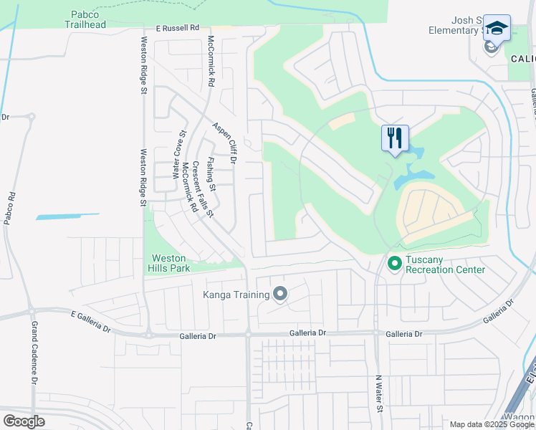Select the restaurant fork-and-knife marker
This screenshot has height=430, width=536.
click(395, 138)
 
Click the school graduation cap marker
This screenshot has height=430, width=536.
click(496, 29)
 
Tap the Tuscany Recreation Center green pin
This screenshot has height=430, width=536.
click(394, 264)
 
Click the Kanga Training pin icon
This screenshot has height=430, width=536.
click(280, 294)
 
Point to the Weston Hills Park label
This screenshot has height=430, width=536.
click(169, 263)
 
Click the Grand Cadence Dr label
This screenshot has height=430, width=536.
click(33, 354)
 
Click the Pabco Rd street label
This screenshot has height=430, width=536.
click(9, 206)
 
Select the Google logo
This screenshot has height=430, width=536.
click(24, 421)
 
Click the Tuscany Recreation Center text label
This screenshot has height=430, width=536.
click(445, 264)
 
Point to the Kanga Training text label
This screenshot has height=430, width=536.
click(236, 294)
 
